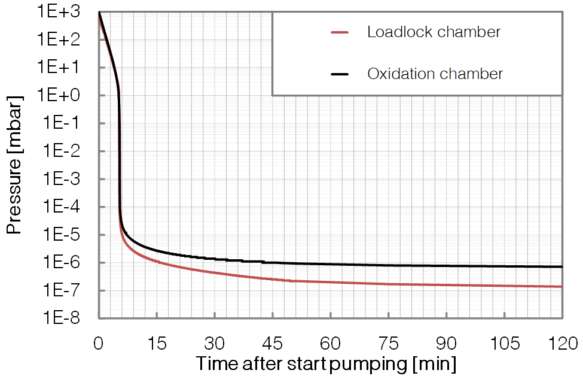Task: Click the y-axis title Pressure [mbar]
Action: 14,163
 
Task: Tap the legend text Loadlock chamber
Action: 434,32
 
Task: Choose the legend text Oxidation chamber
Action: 435,74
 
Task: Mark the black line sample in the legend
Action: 339,75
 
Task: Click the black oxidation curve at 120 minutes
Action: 561,266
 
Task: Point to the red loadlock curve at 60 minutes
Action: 331,282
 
